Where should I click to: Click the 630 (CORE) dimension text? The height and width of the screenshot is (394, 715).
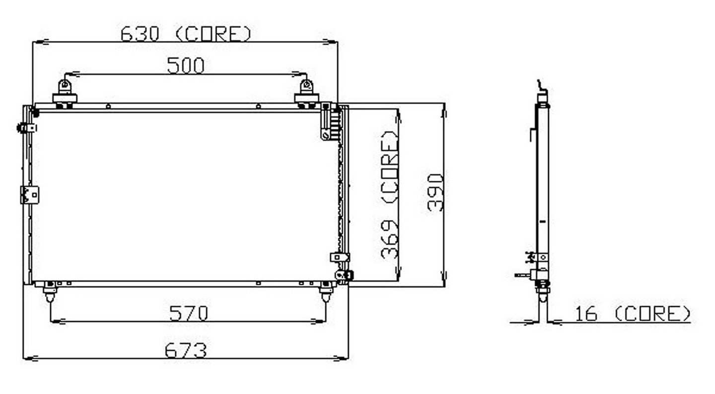point(186,34)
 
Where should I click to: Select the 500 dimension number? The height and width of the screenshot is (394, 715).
point(186,66)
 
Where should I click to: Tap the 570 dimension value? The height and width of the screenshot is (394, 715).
point(188,313)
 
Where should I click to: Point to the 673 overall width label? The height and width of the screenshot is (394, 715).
point(186,350)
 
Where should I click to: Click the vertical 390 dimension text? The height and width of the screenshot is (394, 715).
point(435,193)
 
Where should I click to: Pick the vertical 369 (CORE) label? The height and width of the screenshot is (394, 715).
point(390,195)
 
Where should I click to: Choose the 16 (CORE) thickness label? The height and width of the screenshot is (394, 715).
point(633,314)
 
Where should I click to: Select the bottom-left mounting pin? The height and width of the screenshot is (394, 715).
point(50,292)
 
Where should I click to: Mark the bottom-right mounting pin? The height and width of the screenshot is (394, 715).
point(326,292)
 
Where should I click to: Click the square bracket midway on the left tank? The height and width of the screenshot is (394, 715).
point(30,195)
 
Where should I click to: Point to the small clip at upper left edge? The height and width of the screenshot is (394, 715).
point(27,128)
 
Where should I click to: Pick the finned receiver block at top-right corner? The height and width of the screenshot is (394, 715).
point(331,122)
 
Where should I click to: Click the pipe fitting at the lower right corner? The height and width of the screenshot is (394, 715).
point(344,275)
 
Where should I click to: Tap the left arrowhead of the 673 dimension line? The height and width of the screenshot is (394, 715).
point(31,359)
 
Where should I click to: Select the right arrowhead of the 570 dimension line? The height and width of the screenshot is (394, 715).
point(319,321)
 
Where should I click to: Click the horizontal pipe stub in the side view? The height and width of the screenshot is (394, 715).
point(522,275)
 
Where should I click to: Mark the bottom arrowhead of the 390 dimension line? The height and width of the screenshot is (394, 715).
point(444,279)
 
